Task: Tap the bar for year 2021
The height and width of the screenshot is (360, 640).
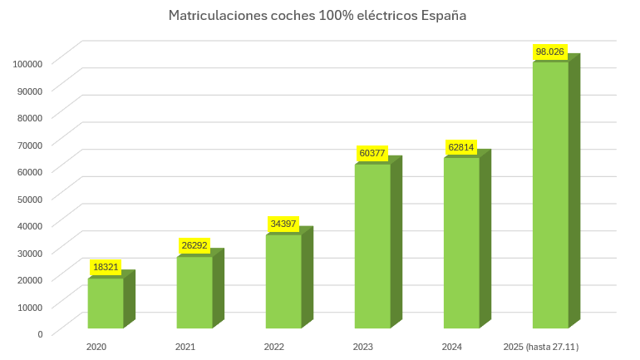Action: tap(194, 293)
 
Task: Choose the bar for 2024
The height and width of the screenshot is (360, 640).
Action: tap(461, 243)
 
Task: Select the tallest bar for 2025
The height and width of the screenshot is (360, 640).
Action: tap(550, 195)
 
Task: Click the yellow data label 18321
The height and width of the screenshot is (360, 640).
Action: tap(106, 267)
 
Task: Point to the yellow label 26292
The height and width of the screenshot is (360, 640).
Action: tap(194, 245)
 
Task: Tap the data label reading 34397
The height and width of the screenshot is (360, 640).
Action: tap(283, 224)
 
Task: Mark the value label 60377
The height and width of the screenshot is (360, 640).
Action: tap(372, 153)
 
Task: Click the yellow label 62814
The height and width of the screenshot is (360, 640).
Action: tap(461, 147)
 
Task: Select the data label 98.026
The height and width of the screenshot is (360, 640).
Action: tap(550, 52)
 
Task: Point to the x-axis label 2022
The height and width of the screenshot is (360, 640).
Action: tap(274, 346)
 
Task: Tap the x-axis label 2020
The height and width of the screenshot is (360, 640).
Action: tap(96, 346)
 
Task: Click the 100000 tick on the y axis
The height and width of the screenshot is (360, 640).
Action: tap(28, 63)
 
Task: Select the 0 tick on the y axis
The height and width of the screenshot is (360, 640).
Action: tap(41, 334)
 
